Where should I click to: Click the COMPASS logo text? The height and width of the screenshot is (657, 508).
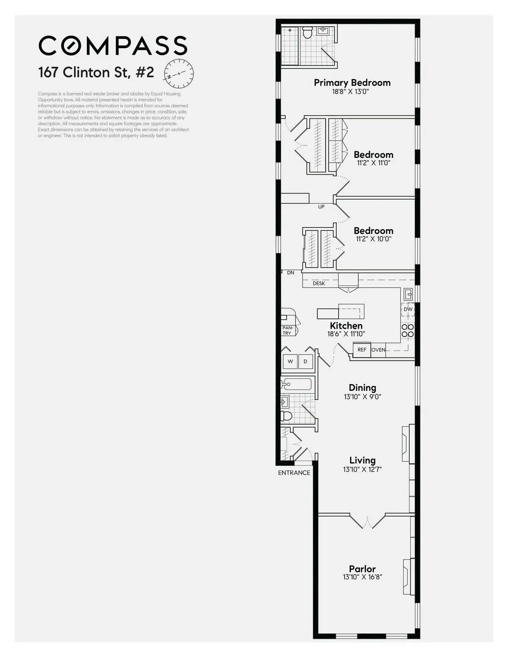pyautogui.click(x=113, y=45)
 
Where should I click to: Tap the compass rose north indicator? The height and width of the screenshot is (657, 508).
pyautogui.click(x=179, y=73)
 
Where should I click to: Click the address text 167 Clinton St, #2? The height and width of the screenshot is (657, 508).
pyautogui.click(x=96, y=72)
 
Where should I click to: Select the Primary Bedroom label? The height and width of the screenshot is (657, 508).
pyautogui.click(x=352, y=82)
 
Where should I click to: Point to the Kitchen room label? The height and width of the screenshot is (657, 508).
pyautogui.click(x=346, y=326)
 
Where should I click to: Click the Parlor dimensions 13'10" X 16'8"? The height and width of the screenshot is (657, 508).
pyautogui.click(x=362, y=577)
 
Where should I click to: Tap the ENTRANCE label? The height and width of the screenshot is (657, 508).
pyautogui.click(x=294, y=473)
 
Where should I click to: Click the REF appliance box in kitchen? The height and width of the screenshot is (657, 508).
pyautogui.click(x=362, y=350)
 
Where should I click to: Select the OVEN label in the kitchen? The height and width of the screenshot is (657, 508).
pyautogui.click(x=378, y=350)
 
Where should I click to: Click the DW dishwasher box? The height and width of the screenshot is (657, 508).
pyautogui.click(x=408, y=309)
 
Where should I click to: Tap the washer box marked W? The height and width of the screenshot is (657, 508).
pyautogui.click(x=290, y=362)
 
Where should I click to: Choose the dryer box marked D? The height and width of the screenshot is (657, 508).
pyautogui.click(x=305, y=362)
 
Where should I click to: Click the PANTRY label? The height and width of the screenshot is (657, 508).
pyautogui.click(x=287, y=330)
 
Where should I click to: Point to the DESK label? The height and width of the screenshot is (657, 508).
pyautogui.click(x=319, y=283)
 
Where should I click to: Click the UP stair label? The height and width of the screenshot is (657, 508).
pyautogui.click(x=321, y=207)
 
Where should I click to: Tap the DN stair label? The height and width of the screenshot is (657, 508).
pyautogui.click(x=290, y=273)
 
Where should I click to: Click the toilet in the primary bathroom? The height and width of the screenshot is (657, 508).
pyautogui.click(x=307, y=32)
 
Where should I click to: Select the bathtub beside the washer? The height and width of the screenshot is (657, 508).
pyautogui.click(x=297, y=384)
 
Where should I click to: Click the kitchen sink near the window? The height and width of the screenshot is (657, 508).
pyautogui.click(x=408, y=294)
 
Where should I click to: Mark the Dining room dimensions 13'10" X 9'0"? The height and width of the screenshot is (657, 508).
pyautogui.click(x=362, y=397)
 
